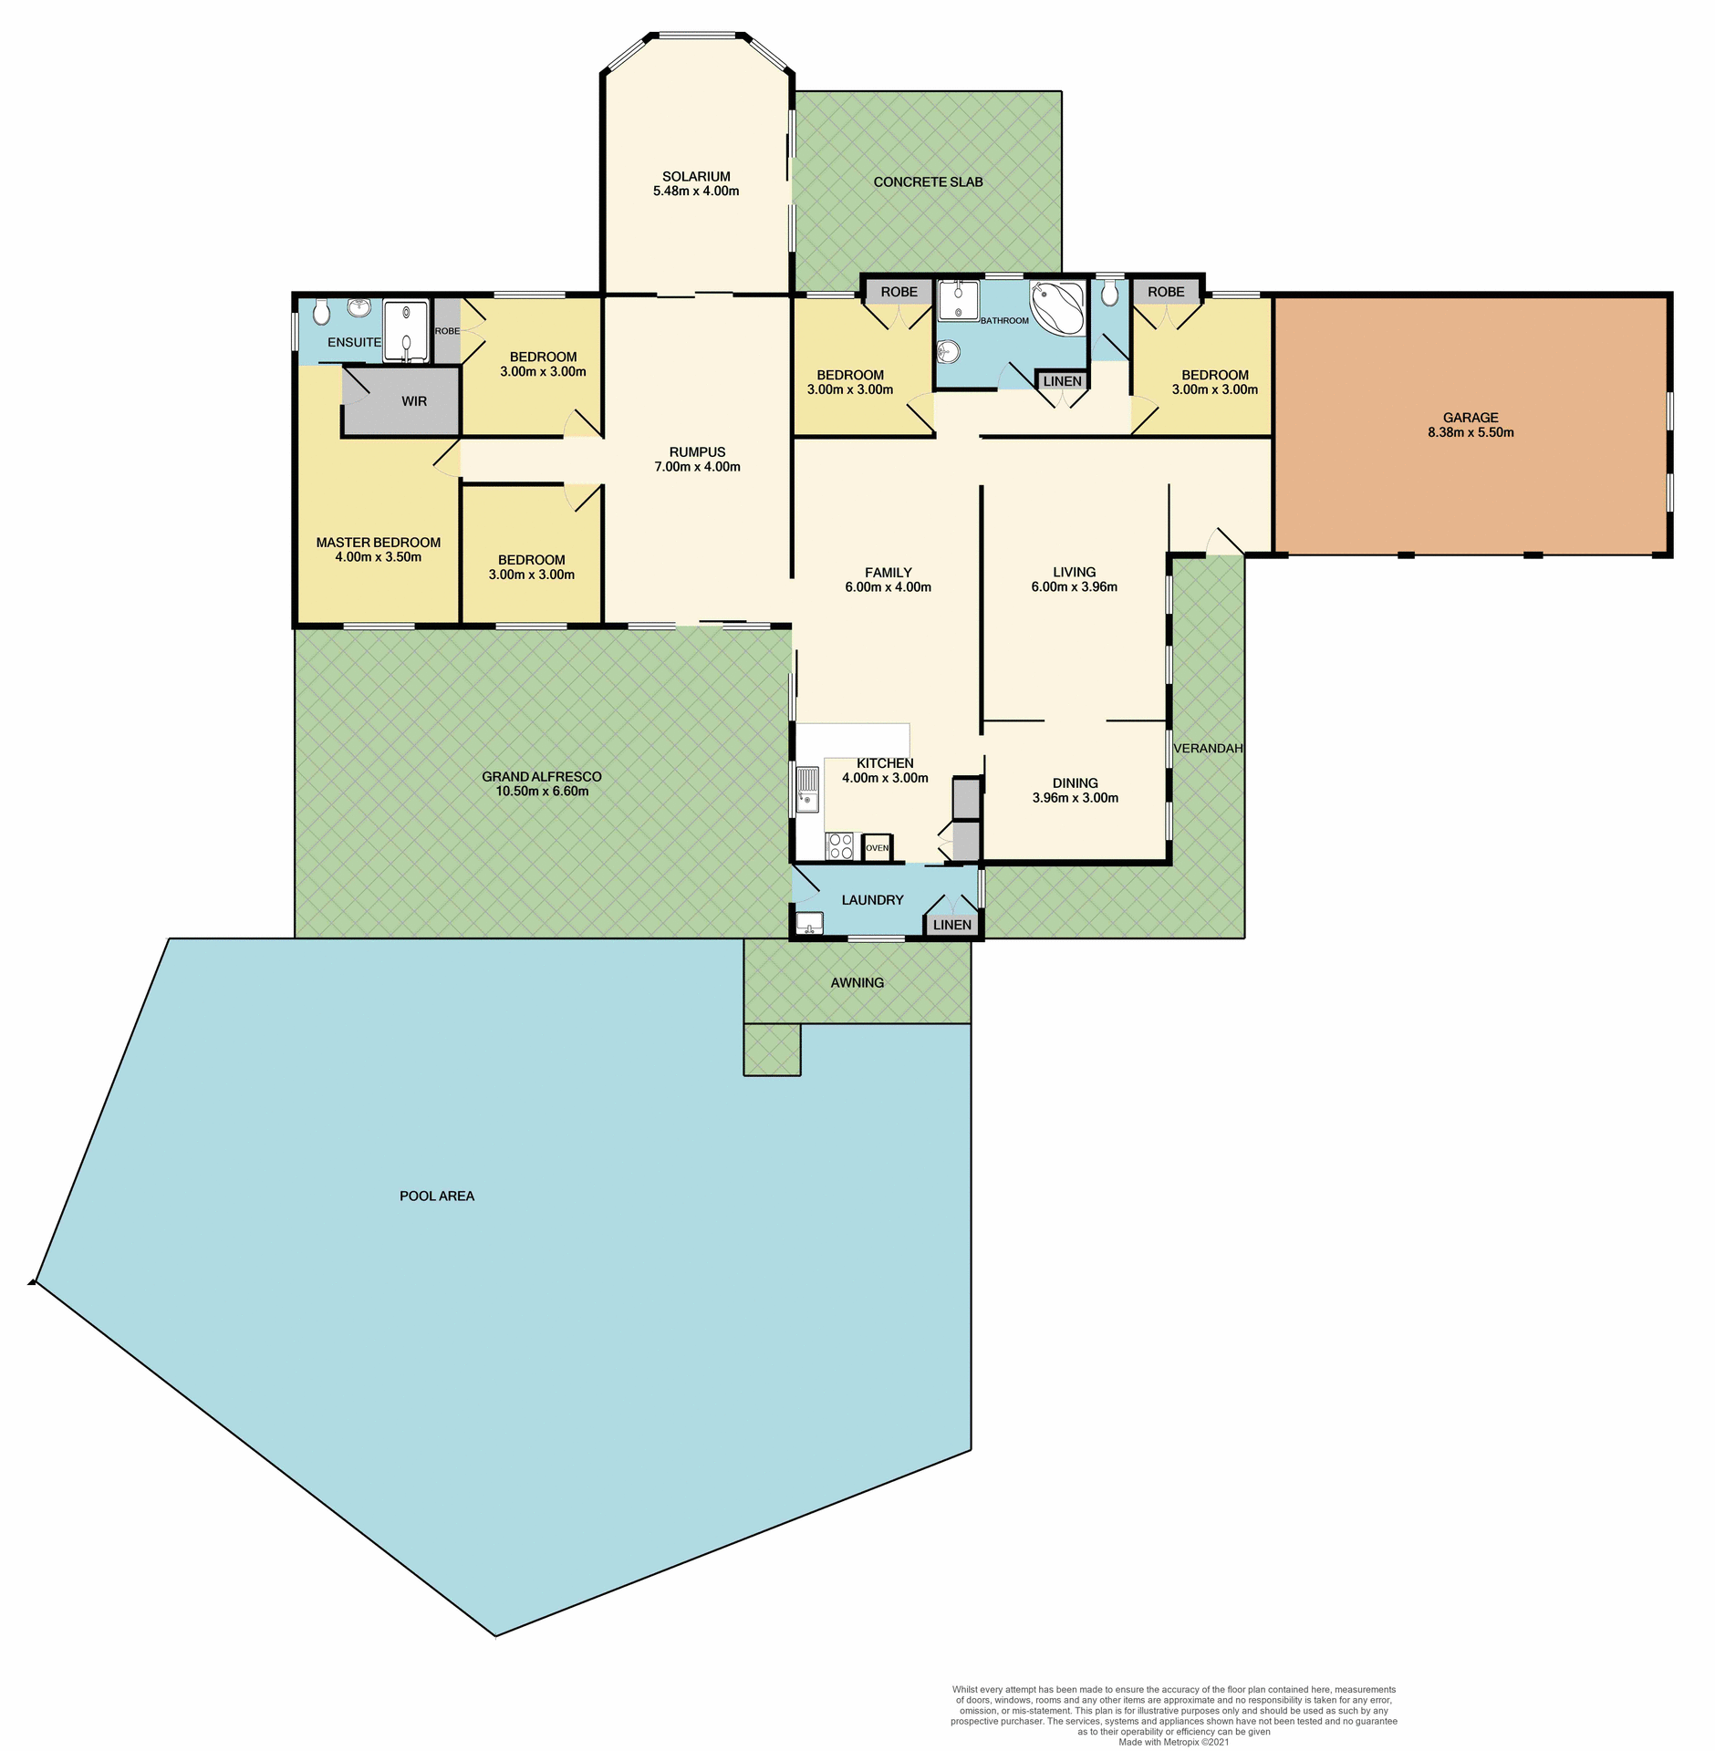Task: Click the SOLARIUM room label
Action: (x=696, y=176)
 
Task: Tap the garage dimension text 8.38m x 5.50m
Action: (x=1471, y=432)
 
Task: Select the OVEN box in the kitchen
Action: (x=877, y=847)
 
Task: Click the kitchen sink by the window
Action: (x=807, y=790)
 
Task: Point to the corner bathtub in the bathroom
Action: (x=1058, y=307)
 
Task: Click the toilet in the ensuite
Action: (x=320, y=313)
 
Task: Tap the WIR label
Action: (x=414, y=401)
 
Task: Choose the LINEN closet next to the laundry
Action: (x=952, y=925)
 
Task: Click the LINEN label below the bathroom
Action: (x=1063, y=381)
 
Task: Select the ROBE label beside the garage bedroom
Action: (x=1166, y=292)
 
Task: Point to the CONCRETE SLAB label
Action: (x=928, y=181)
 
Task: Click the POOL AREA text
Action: (x=437, y=1196)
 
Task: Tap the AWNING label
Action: (x=857, y=982)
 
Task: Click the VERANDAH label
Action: (x=1208, y=748)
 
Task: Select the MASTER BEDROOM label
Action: (x=378, y=542)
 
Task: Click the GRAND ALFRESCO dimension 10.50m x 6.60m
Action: (x=542, y=792)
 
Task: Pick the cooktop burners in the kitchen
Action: (x=839, y=846)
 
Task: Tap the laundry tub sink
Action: (x=809, y=923)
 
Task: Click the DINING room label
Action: (x=1075, y=782)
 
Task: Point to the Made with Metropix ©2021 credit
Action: (x=1173, y=1742)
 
